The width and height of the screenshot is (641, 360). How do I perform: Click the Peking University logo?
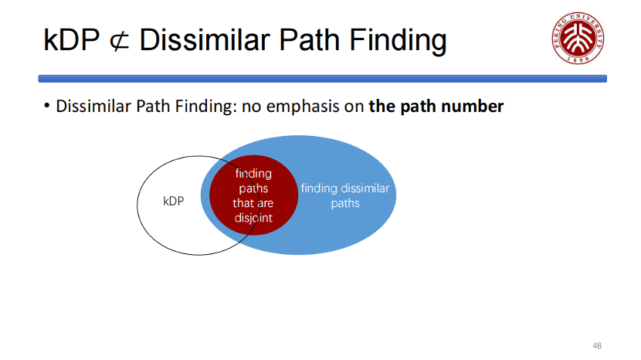[x=578, y=38]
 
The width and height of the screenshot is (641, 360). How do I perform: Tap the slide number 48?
[x=597, y=345]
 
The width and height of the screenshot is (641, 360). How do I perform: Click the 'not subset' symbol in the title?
[x=120, y=41]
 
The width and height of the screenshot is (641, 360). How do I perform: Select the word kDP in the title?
[x=72, y=40]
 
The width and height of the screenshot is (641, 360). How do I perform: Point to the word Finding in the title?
[x=398, y=41]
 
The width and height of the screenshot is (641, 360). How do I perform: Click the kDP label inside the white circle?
[x=173, y=201]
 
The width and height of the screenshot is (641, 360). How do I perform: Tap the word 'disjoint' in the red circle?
[x=253, y=218]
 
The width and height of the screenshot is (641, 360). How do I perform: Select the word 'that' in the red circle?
[x=242, y=203]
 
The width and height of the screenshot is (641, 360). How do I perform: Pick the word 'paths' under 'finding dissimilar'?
[x=345, y=203]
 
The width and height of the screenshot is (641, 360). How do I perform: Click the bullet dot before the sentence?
[x=46, y=106]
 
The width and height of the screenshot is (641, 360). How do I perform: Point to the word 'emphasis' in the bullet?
[x=303, y=107]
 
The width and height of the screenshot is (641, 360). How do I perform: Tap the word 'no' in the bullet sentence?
[x=251, y=107]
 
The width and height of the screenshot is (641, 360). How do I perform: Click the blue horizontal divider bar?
[x=323, y=79]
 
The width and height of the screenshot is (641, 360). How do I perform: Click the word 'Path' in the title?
[x=310, y=39]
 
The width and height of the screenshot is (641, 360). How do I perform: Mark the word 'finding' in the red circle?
[x=253, y=174]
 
